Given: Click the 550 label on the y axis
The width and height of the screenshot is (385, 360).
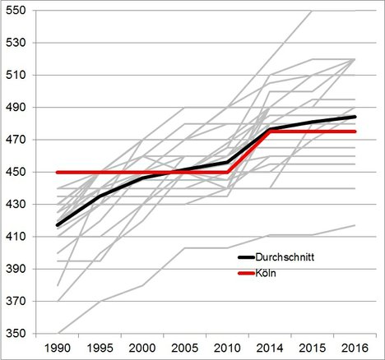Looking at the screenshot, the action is click(x=16, y=11).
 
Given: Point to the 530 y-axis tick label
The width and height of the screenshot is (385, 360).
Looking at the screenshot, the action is click(x=16, y=43).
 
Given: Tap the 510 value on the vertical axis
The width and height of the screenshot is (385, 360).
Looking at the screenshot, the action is click(x=16, y=75).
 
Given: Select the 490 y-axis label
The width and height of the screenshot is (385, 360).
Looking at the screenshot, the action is click(x=16, y=108).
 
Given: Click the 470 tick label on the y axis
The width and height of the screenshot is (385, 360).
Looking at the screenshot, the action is click(x=16, y=140).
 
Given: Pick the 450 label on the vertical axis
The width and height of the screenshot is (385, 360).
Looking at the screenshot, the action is click(x=16, y=172).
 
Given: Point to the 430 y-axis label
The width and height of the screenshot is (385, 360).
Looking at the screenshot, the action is click(x=16, y=205).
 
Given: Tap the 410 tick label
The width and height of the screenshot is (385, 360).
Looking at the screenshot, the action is click(x=16, y=237).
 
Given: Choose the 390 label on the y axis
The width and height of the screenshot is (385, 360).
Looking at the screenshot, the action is click(x=16, y=269).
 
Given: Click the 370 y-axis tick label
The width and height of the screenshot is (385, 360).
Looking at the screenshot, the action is click(x=16, y=302).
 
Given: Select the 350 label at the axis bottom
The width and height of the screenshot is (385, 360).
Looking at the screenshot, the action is click(x=16, y=334).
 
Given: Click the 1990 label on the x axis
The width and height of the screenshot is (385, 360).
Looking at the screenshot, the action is click(x=58, y=348).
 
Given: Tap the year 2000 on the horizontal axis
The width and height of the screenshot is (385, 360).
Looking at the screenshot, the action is click(x=142, y=348).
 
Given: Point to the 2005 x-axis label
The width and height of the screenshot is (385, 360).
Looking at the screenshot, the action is click(x=184, y=348).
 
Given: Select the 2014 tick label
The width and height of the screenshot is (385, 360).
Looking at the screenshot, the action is click(x=270, y=348).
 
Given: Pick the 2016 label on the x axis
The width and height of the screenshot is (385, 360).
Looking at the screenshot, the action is click(x=355, y=348).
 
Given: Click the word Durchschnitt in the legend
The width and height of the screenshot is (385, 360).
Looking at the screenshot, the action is click(x=285, y=257).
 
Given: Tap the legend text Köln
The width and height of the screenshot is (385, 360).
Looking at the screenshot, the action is click(x=266, y=273).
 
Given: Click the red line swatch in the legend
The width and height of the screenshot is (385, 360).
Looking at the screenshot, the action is click(x=246, y=274).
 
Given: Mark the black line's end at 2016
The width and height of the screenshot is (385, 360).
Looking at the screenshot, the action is click(x=355, y=117).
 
